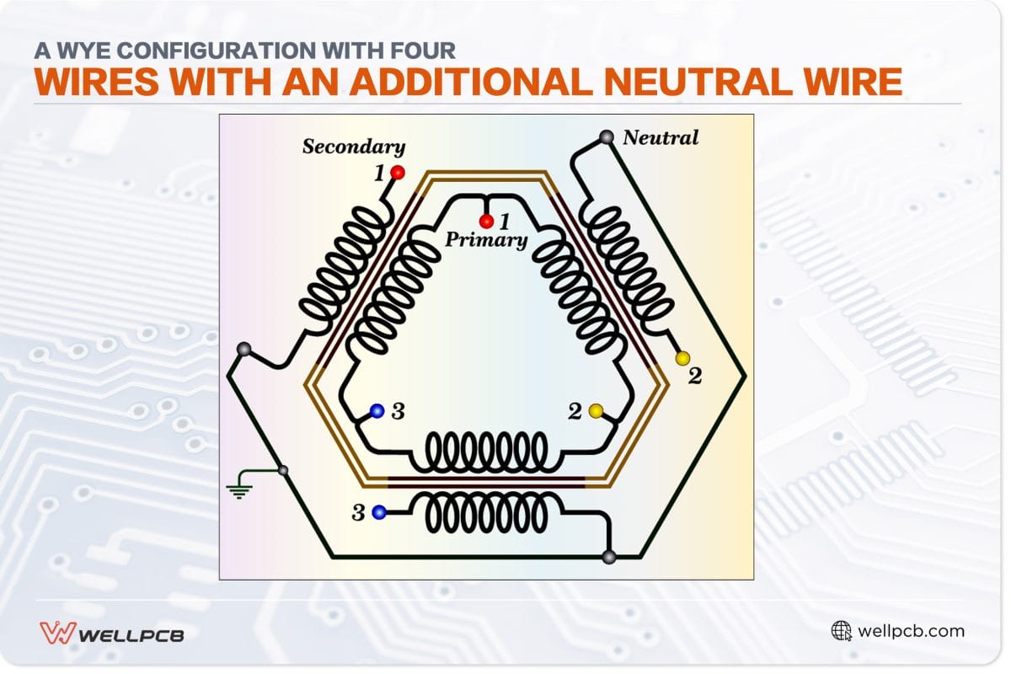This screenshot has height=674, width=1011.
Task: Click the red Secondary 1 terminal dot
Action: pos(397,173)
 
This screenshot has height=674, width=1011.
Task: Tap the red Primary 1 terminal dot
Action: pos(486,222)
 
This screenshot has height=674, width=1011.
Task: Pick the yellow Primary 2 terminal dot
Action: pos(596,411)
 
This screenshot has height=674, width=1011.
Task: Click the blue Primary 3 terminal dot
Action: pos(377,411)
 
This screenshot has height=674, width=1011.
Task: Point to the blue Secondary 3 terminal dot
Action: pos(379,511)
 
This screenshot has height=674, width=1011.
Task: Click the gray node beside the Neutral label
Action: pos(606,136)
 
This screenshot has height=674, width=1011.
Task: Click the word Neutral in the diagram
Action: pos(661,137)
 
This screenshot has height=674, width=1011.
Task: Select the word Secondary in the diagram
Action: pos(354,147)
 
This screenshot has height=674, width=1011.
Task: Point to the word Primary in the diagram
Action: pos(486,240)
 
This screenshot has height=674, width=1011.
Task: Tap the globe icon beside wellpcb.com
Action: pos(841,630)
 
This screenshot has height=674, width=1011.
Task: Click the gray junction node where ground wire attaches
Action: pos(284,470)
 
